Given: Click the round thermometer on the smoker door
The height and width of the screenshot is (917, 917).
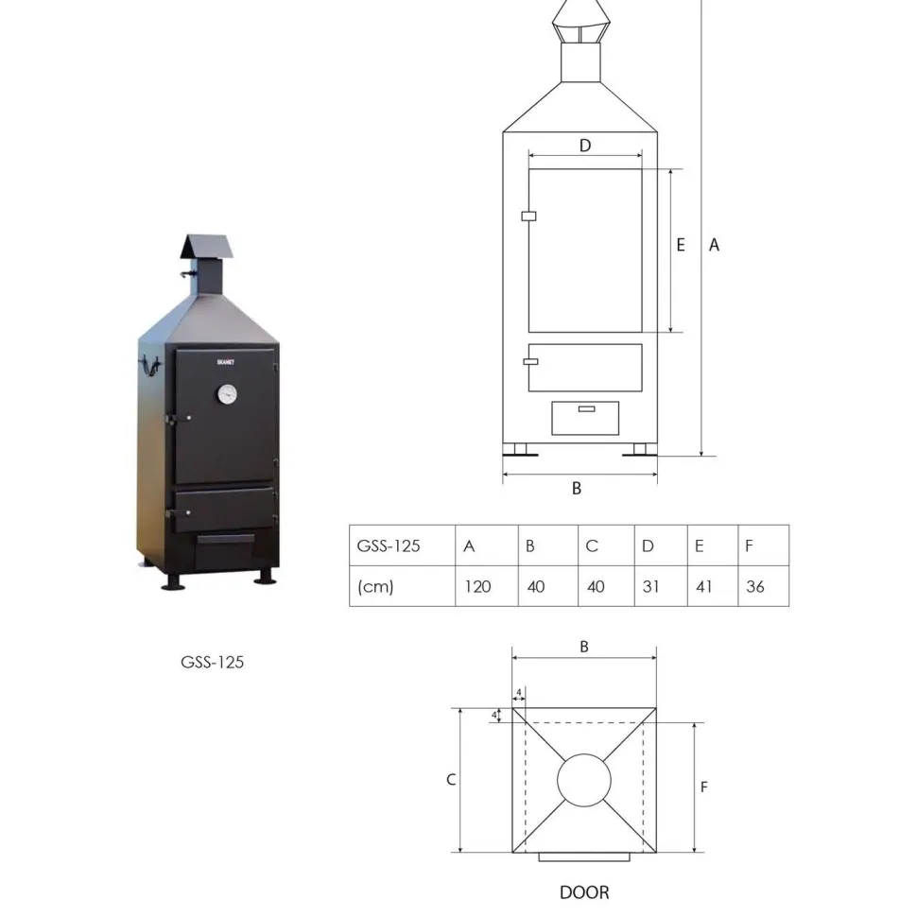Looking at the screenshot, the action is [227, 394].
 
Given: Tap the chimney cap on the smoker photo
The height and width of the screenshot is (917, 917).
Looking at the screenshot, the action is [207, 247].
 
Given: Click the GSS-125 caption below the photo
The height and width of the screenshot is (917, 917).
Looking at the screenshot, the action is [213, 662].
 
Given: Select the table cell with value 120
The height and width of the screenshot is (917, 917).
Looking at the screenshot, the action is [487, 586].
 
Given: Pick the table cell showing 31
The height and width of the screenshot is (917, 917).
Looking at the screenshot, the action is [661, 586].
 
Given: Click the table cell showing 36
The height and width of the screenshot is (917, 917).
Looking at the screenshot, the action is [763, 586].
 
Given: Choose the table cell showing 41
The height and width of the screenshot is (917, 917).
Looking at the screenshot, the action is [712, 586].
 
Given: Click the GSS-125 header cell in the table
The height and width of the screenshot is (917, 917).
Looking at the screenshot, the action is [403, 545].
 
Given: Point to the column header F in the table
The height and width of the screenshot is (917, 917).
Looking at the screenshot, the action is [763, 545].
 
